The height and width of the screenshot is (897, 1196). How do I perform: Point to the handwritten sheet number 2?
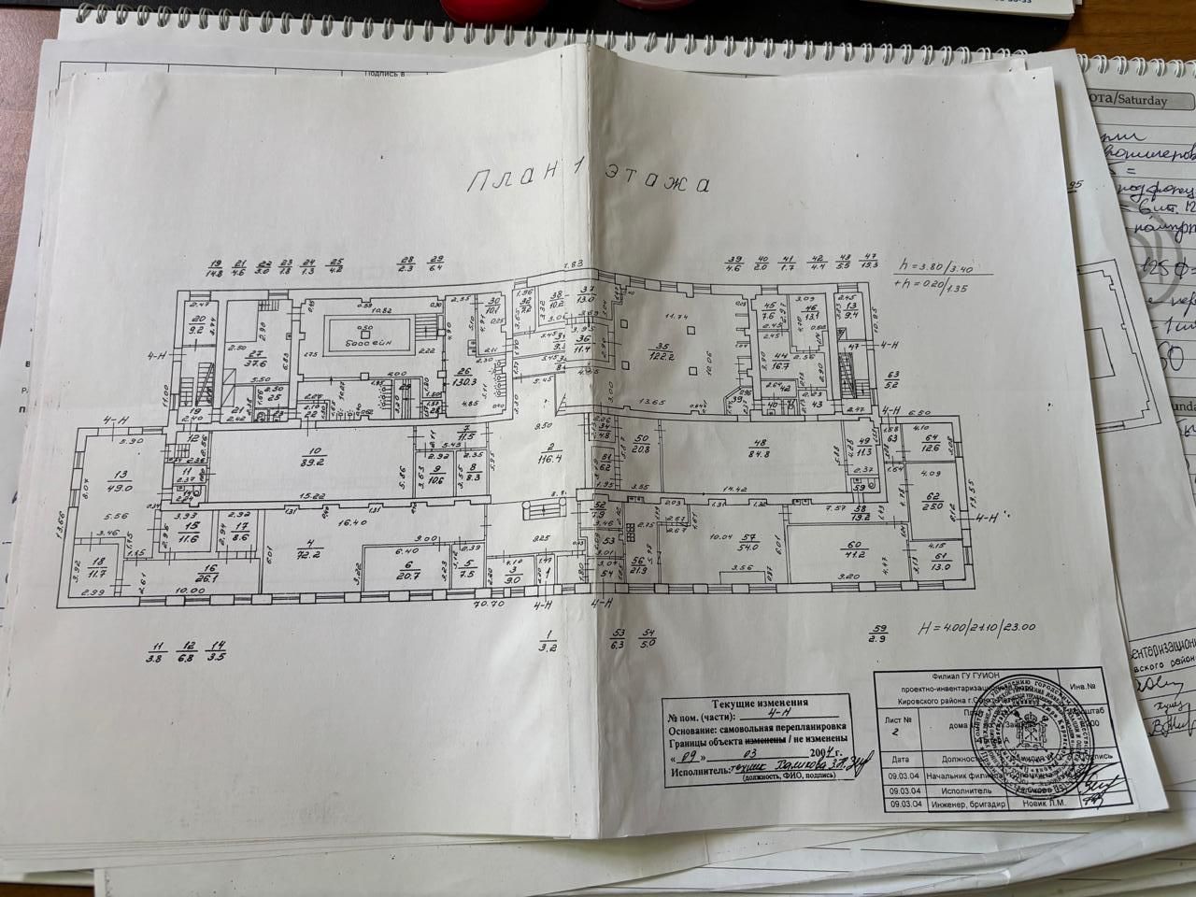pyautogui.click(x=895, y=733)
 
